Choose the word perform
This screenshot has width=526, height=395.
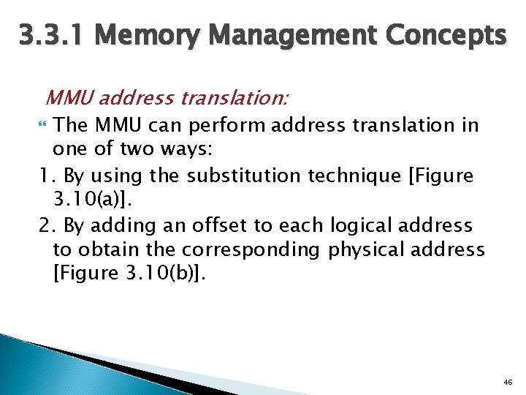pos(232,125)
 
